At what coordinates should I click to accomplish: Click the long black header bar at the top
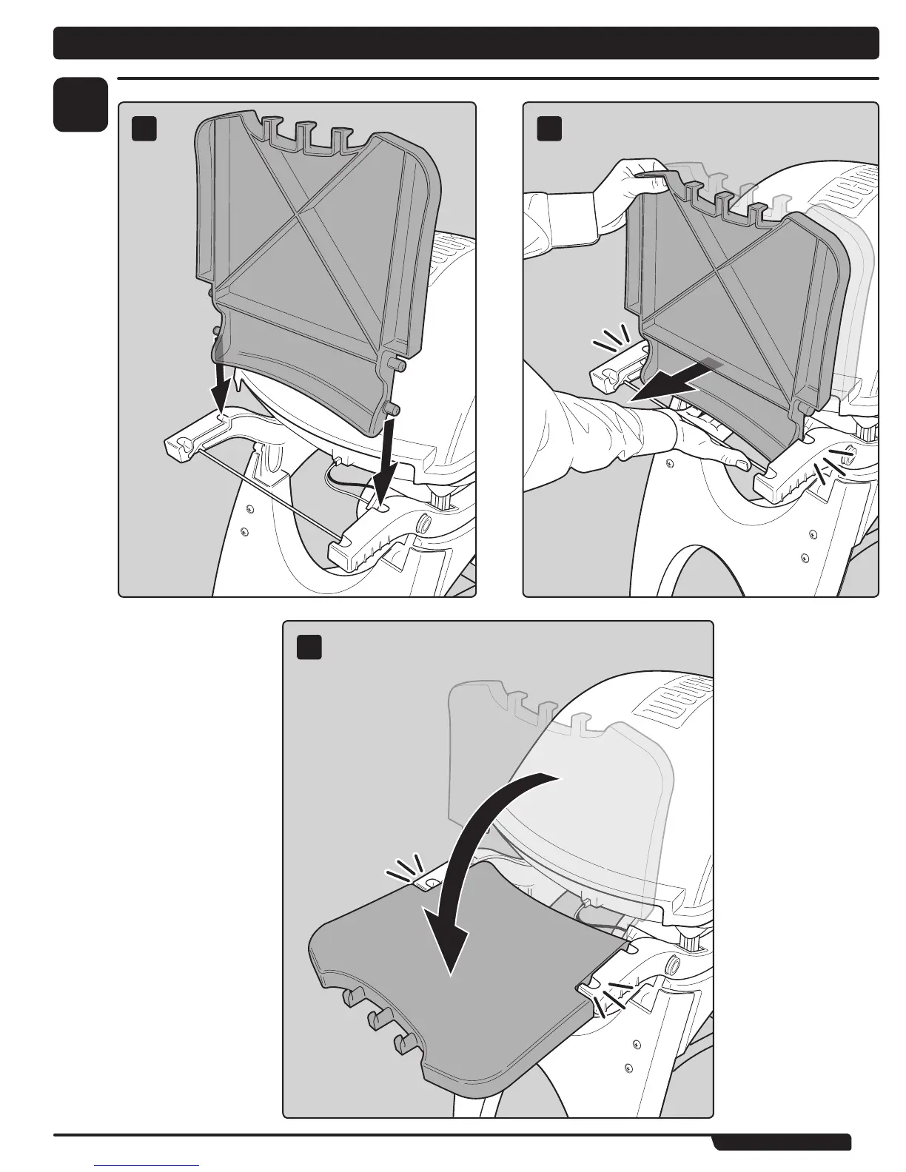pos(466,43)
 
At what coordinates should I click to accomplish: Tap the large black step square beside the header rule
pos(81,105)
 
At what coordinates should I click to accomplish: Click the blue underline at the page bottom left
pos(147,1165)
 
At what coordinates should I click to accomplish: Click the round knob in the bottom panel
pos(674,964)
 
